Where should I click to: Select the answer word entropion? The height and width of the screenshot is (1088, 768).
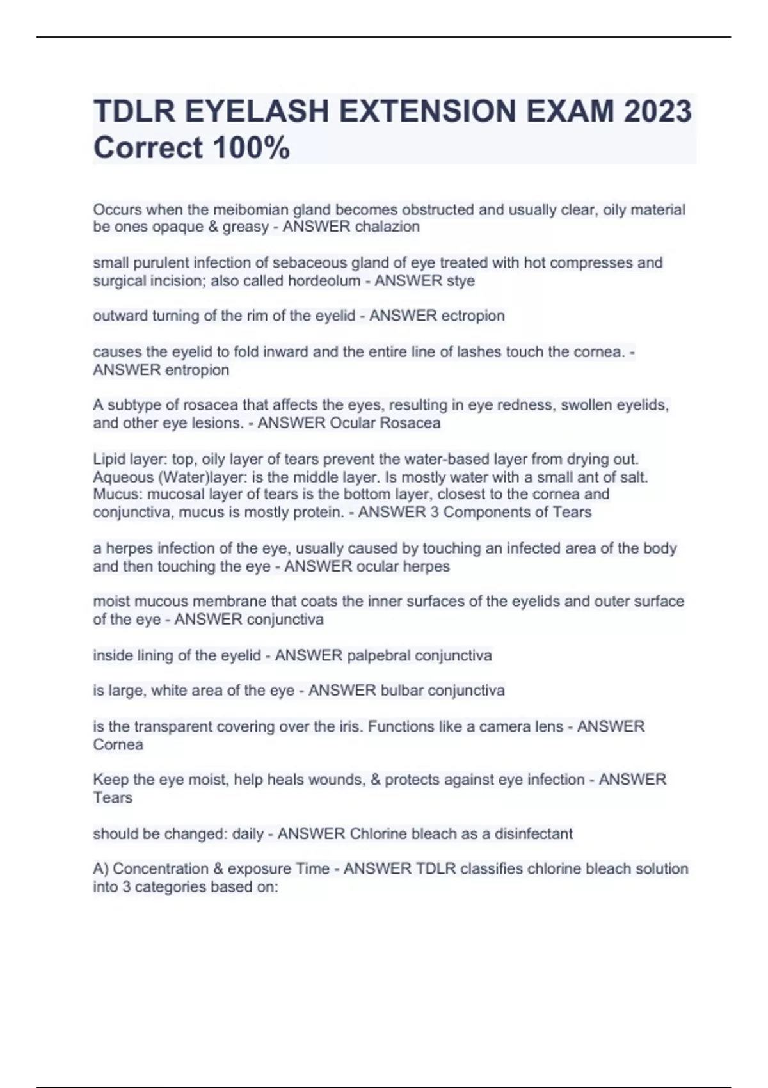click(x=197, y=370)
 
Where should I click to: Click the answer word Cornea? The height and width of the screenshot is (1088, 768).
click(x=118, y=744)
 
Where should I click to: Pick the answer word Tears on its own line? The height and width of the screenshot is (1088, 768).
click(x=113, y=797)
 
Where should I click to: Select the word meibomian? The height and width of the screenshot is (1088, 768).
click(x=251, y=210)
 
